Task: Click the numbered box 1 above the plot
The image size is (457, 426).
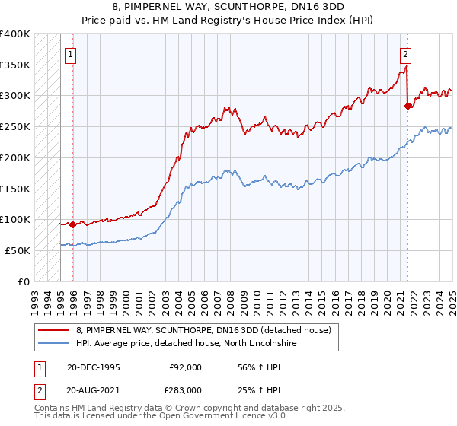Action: [x=71, y=54]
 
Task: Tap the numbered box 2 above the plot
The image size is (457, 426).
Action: [x=405, y=54]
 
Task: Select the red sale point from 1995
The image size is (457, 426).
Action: [x=72, y=224]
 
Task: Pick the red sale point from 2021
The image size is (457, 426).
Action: [x=407, y=106]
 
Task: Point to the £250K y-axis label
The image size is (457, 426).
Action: [x=15, y=127]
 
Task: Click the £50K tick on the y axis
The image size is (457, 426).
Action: [x=18, y=250]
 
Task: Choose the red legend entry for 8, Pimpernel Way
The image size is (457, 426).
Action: [x=203, y=331]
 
